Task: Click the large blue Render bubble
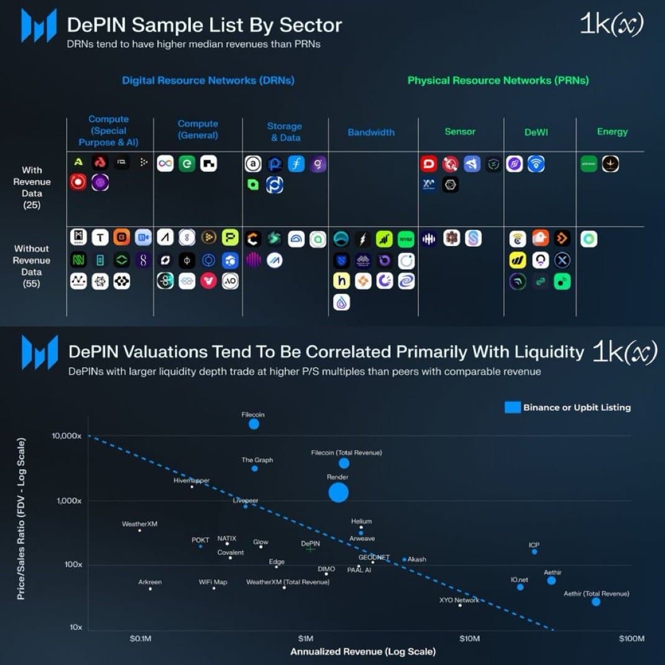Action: tap(338, 492)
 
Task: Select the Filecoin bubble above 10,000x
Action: tap(254, 424)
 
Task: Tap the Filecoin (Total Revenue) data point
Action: tap(344, 463)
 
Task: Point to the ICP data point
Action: tap(534, 552)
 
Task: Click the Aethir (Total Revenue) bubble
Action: tap(596, 602)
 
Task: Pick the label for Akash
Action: tap(416, 559)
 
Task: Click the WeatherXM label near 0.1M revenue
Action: tap(139, 524)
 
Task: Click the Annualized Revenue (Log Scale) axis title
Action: tap(363, 651)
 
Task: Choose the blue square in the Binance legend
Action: tap(512, 408)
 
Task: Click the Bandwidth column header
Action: tap(371, 132)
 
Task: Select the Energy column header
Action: tap(612, 132)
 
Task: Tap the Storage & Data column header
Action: tap(285, 132)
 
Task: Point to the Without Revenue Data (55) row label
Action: tap(32, 266)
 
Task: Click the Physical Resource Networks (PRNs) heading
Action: tap(498, 80)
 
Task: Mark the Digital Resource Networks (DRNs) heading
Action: tap(208, 80)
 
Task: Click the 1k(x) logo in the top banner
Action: tap(611, 24)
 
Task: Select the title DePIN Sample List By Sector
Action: tap(204, 25)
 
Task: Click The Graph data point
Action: tap(255, 468)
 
